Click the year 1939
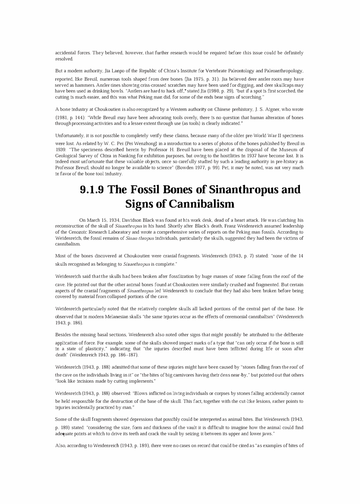click(60, 150)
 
